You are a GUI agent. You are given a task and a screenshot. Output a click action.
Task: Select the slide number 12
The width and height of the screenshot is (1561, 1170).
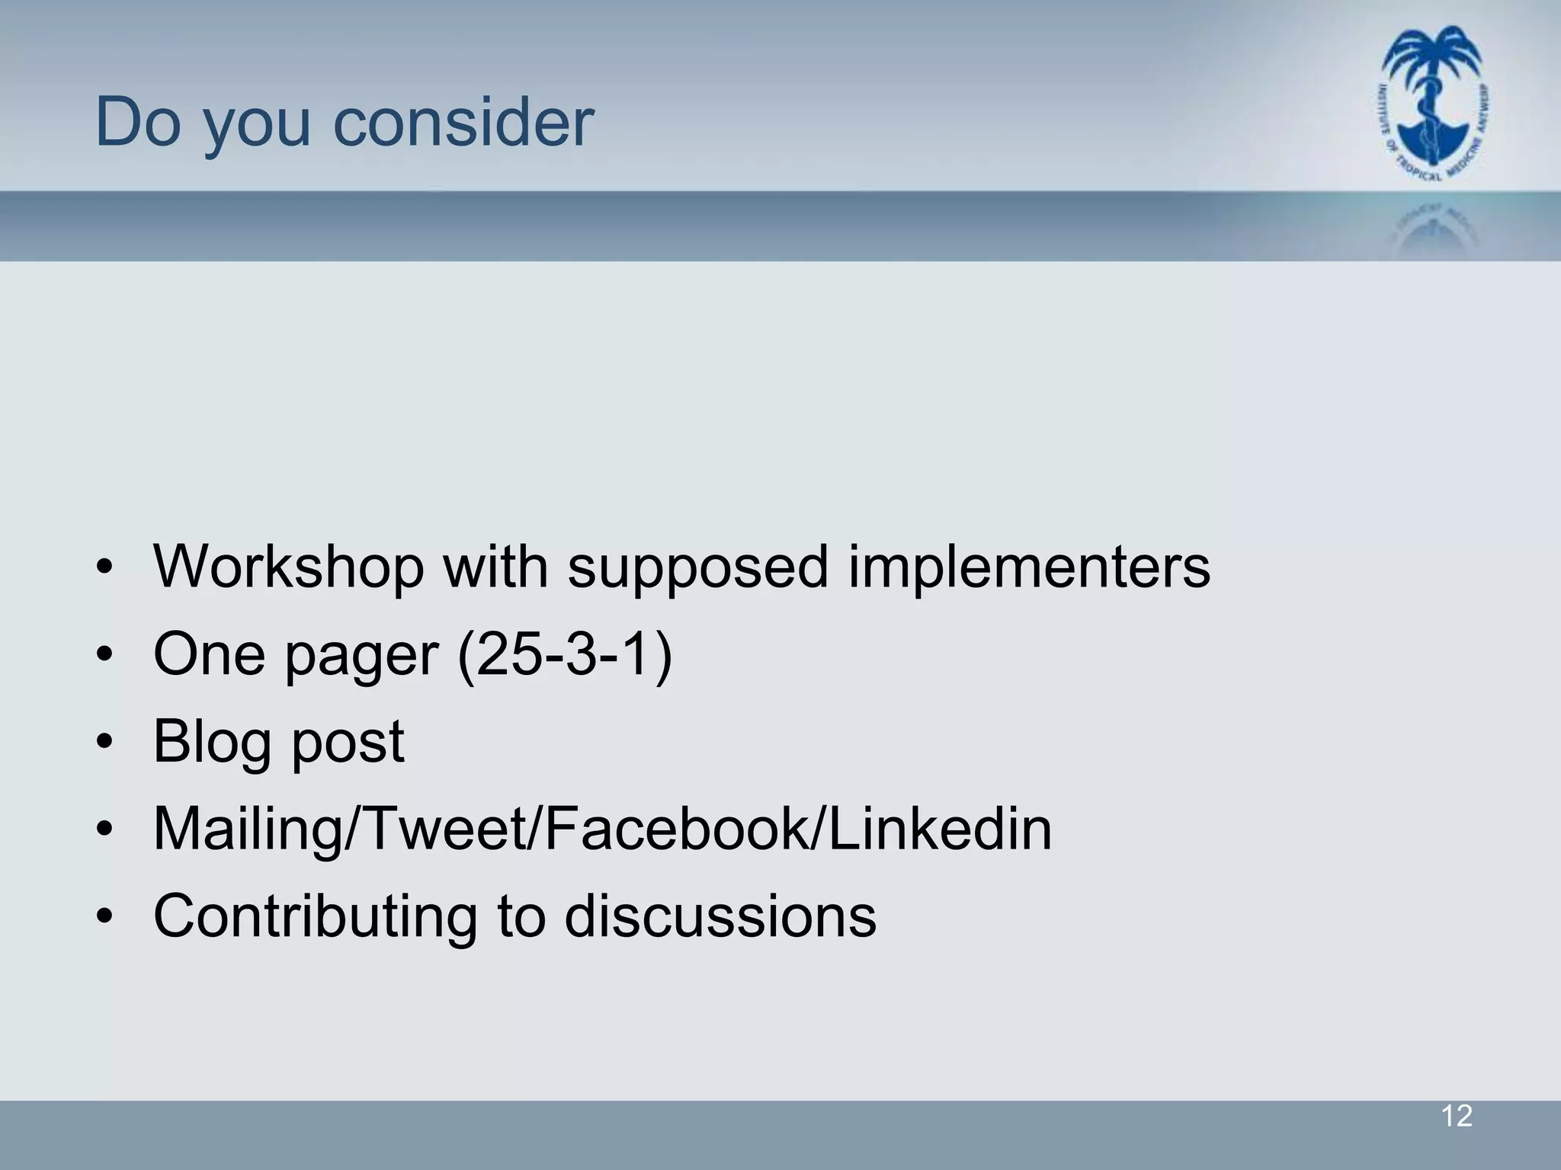point(1457,1117)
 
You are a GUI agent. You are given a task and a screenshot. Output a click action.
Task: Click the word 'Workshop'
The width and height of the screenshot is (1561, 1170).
point(288,567)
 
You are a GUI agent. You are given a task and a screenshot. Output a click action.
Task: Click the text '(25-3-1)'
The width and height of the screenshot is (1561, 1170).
point(565,654)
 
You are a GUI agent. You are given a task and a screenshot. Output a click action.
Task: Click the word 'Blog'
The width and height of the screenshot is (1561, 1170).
point(213,743)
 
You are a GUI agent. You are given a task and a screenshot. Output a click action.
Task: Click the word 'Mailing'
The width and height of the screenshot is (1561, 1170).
point(248,830)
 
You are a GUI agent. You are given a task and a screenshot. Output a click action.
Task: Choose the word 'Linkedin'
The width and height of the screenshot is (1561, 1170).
point(939,829)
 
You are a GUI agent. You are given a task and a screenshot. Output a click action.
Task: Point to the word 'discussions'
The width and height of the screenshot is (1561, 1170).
point(720,916)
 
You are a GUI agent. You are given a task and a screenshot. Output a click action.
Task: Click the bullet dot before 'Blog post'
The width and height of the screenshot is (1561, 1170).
point(105,741)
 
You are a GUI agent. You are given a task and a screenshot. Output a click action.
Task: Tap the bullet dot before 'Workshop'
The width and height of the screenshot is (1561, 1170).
point(105,567)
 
